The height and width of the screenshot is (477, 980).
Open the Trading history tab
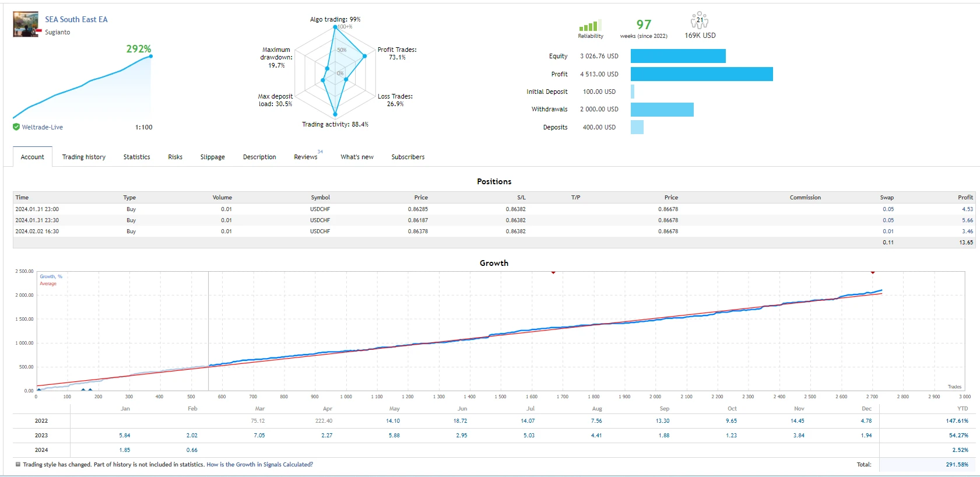[84, 157]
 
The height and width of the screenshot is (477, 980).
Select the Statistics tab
[136, 157]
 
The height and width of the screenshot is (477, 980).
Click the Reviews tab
[305, 157]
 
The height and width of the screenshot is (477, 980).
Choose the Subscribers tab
[408, 157]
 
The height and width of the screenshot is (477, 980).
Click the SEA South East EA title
[76, 19]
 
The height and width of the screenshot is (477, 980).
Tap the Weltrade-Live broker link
[42, 127]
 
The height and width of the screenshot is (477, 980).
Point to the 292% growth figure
[139, 49]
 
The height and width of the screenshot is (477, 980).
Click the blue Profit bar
[701, 74]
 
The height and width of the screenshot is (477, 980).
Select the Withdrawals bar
[662, 110]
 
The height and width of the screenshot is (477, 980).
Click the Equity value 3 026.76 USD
[599, 56]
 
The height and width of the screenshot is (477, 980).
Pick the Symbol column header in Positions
[320, 198]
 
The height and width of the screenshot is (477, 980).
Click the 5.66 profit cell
[967, 220]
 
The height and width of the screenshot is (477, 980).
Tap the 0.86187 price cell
[417, 220]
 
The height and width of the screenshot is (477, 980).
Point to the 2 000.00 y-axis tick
[24, 295]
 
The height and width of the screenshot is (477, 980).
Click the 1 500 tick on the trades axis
[500, 397]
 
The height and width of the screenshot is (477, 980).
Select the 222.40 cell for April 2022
[324, 421]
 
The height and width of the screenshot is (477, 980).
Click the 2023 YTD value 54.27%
[958, 436]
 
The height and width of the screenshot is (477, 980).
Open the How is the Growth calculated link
[259, 465]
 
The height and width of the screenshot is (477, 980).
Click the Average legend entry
[48, 284]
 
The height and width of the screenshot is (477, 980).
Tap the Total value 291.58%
[957, 465]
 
